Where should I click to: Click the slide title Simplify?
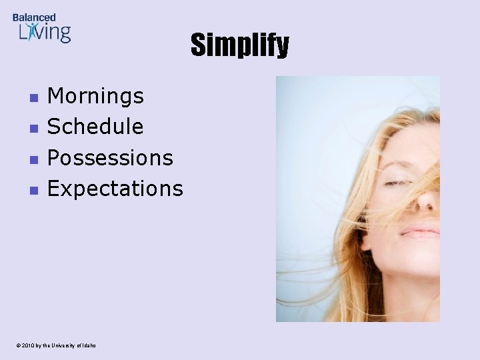pyautogui.click(x=239, y=45)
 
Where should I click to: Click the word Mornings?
pyautogui.click(x=95, y=96)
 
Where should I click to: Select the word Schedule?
pyautogui.click(x=95, y=127)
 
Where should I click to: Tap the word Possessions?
pyautogui.click(x=110, y=158)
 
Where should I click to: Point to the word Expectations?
pyautogui.click(x=115, y=189)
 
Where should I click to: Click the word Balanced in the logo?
pyautogui.click(x=34, y=17)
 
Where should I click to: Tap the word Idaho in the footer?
pyautogui.click(x=89, y=345)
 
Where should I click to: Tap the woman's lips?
pyautogui.click(x=420, y=232)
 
